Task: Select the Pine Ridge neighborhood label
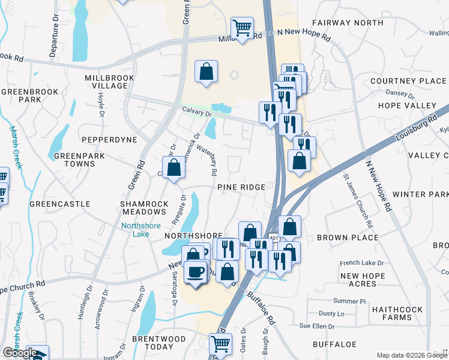pyautogui.click(x=241, y=187)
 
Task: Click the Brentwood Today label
pyautogui.click(x=158, y=343)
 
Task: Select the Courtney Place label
pyautogui.click(x=408, y=81)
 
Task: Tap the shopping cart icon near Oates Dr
pyautogui.click(x=220, y=344)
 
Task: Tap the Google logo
pyautogui.click(x=19, y=353)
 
